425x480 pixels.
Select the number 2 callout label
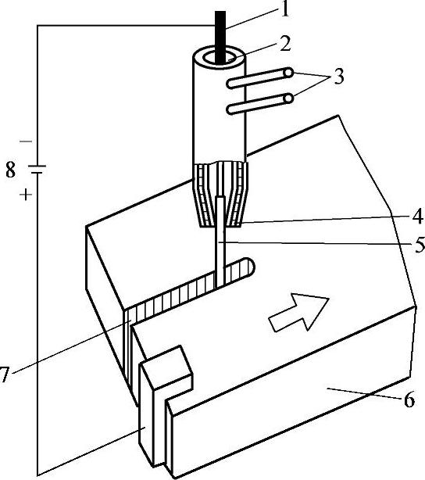[x=284, y=44]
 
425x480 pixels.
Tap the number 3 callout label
[x=338, y=76]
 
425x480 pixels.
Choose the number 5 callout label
[x=420, y=244]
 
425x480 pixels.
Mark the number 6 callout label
[x=409, y=399]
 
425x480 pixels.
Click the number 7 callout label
[x=3, y=374]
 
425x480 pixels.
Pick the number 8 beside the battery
[x=10, y=170]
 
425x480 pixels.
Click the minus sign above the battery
[x=26, y=141]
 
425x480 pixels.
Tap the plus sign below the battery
[x=26, y=194]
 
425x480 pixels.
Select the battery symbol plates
[x=37, y=170]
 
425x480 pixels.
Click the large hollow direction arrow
[x=298, y=312]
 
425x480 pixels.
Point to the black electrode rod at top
[x=220, y=38]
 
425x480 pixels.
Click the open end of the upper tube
[x=288, y=73]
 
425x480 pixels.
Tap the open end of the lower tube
[x=288, y=99]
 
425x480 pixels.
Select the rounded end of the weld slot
[x=249, y=267]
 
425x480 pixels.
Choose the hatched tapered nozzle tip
[x=220, y=195]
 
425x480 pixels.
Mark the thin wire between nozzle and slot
[x=220, y=242]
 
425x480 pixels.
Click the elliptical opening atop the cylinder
[x=220, y=58]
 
